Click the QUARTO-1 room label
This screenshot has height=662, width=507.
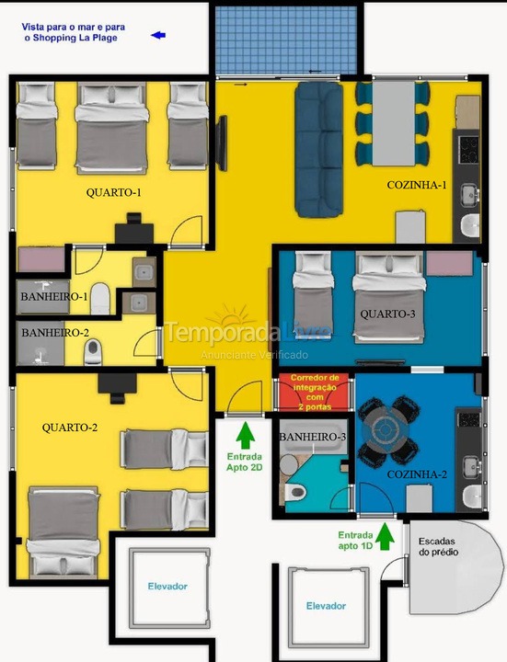tap(114, 192)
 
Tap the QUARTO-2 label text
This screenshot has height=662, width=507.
tap(70, 428)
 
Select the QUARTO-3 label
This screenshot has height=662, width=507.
tap(387, 314)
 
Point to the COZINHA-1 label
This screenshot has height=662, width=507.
tap(417, 186)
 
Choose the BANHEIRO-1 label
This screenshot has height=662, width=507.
tap(54, 297)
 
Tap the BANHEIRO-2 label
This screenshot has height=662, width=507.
tap(55, 332)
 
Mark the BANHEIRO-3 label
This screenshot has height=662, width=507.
tap(312, 436)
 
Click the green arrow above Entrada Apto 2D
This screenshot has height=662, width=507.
tap(244, 431)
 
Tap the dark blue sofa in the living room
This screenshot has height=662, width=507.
tap(318, 147)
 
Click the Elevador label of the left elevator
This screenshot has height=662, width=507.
tap(167, 586)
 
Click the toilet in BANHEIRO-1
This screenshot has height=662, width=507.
tap(100, 296)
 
